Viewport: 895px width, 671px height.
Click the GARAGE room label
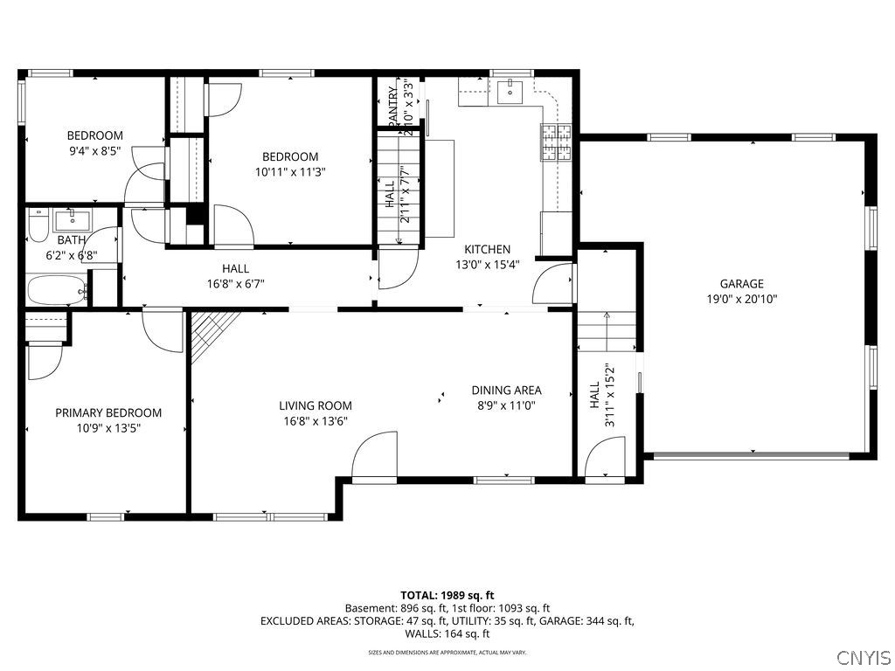[741, 283]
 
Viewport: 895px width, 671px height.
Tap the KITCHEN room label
[487, 249]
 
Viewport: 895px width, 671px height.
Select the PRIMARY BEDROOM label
[108, 412]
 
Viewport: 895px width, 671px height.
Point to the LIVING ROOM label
[316, 405]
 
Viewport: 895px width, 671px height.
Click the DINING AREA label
[506, 391]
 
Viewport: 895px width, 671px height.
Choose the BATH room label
[72, 240]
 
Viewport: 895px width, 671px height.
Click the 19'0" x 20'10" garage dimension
[741, 299]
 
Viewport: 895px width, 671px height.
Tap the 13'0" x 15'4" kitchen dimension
[487, 265]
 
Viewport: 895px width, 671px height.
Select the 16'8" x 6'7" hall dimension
[235, 283]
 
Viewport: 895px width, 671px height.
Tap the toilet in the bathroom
[38, 226]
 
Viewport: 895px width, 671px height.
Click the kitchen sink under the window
[510, 90]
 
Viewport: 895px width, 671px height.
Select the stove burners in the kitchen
[557, 144]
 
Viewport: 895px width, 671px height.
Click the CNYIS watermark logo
[863, 657]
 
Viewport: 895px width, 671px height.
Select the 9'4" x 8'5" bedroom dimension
[94, 151]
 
